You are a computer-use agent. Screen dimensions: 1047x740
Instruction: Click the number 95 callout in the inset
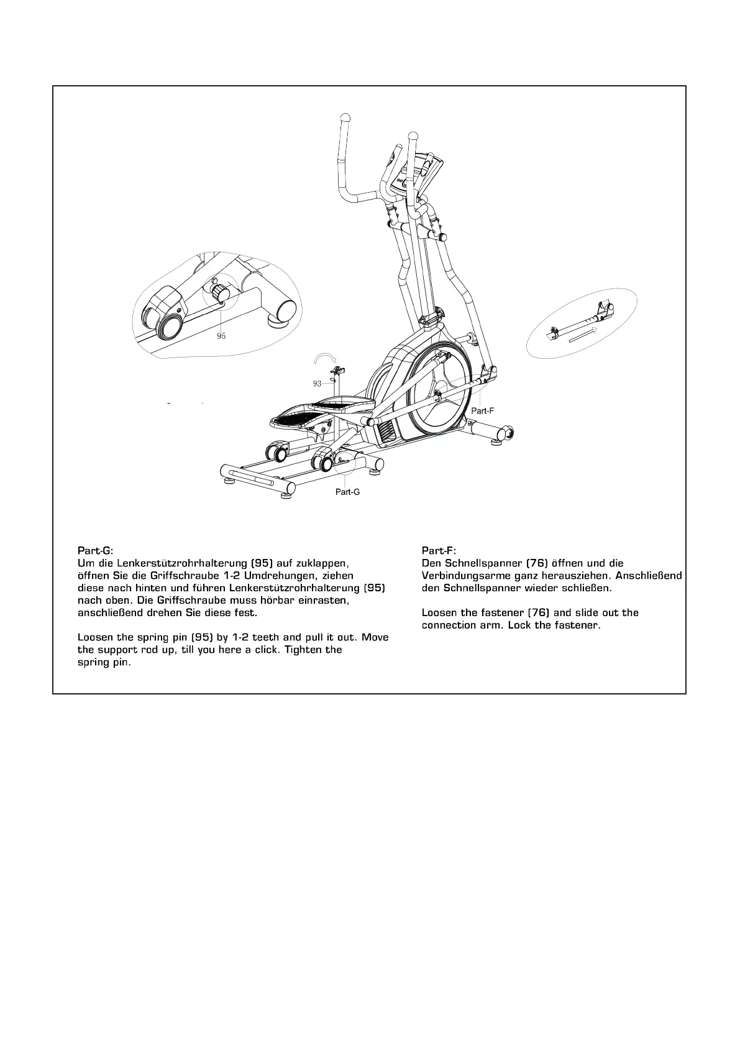[221, 336]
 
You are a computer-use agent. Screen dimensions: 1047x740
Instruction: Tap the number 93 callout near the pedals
[317, 384]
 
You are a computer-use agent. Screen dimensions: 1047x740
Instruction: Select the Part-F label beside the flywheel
[482, 411]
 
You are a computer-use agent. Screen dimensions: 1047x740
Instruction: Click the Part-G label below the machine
[347, 492]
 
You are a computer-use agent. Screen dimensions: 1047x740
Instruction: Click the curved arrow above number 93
[325, 358]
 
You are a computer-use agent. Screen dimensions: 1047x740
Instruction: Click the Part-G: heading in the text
[96, 550]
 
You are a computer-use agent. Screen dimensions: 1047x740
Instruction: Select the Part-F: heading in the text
[439, 550]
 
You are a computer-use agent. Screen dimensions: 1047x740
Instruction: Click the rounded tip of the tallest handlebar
[345, 117]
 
